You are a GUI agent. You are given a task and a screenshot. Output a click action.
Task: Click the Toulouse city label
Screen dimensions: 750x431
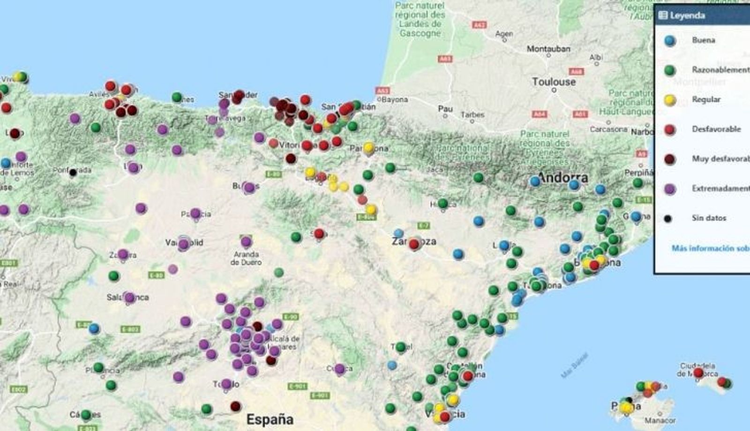point(554,82)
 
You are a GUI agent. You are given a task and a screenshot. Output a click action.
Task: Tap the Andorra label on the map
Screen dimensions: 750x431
point(562,178)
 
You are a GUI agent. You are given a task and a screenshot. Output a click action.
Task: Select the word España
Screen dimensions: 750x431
point(270,419)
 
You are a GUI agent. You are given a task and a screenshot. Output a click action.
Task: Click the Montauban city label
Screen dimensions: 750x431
point(548,49)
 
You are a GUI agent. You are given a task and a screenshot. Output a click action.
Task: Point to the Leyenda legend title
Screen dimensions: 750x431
point(687,15)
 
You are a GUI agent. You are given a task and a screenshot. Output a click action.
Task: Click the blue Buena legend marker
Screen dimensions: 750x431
point(670,40)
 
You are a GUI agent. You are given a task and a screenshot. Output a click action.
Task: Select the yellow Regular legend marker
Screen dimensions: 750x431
point(670,100)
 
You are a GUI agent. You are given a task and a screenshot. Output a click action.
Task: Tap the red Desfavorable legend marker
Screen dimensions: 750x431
point(670,129)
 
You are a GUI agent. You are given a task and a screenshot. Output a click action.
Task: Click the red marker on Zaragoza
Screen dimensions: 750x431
point(414,244)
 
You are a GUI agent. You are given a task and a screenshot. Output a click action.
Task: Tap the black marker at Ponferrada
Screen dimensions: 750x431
point(73,173)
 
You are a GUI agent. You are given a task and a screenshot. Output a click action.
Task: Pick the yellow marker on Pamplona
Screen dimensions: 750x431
point(369,148)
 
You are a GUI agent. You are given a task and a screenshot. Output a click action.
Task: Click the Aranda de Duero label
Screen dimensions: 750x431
point(246,258)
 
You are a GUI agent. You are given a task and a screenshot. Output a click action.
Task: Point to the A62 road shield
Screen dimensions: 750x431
point(479,25)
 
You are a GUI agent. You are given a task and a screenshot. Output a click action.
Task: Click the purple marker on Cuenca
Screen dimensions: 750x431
point(340,369)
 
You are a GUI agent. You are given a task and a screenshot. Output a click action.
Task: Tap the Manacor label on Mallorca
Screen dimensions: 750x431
point(660,421)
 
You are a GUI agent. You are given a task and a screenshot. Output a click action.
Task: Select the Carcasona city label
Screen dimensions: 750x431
point(608,129)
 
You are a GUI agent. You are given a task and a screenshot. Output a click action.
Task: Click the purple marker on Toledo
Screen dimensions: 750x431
point(226,384)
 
